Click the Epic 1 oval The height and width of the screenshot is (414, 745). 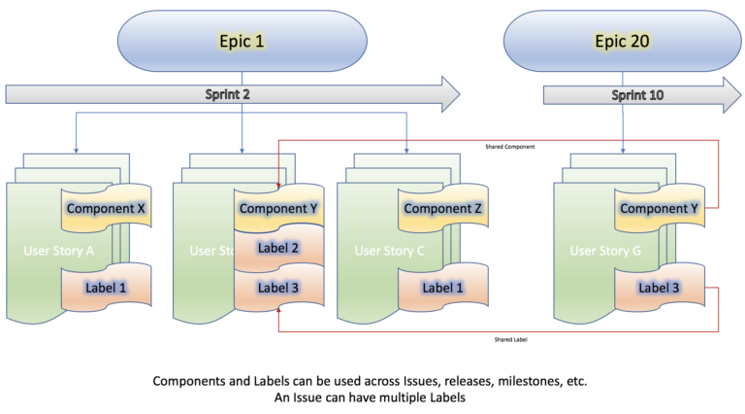[x=243, y=42]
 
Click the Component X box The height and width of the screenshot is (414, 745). [x=106, y=208]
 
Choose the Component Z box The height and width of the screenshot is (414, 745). [x=441, y=208]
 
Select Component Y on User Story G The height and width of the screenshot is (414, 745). [x=660, y=208]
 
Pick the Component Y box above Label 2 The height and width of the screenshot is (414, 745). [x=278, y=208]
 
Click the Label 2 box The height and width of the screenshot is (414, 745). [x=278, y=248]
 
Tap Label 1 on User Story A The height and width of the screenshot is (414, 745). [x=106, y=288]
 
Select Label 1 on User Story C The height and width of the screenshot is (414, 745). [x=441, y=288]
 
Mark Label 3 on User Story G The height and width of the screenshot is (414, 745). [x=660, y=288]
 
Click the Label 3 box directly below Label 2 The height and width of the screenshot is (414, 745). [x=278, y=288]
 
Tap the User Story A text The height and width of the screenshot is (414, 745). [x=58, y=251]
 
